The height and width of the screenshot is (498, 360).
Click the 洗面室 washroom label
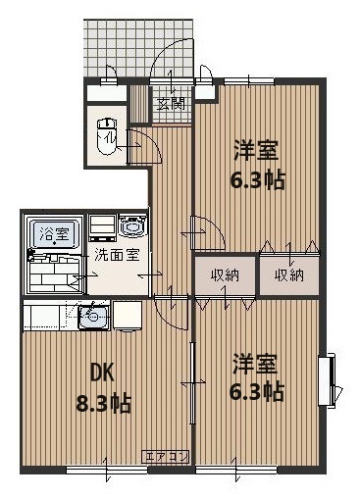[x=117, y=255]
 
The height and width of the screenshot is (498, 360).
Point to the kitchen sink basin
[x=94, y=316]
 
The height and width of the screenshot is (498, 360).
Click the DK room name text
[x=104, y=373]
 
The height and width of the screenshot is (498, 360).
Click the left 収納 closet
[x=225, y=275]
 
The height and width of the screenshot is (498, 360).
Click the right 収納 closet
[x=288, y=275]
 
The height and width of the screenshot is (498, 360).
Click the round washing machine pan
[x=132, y=226]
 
